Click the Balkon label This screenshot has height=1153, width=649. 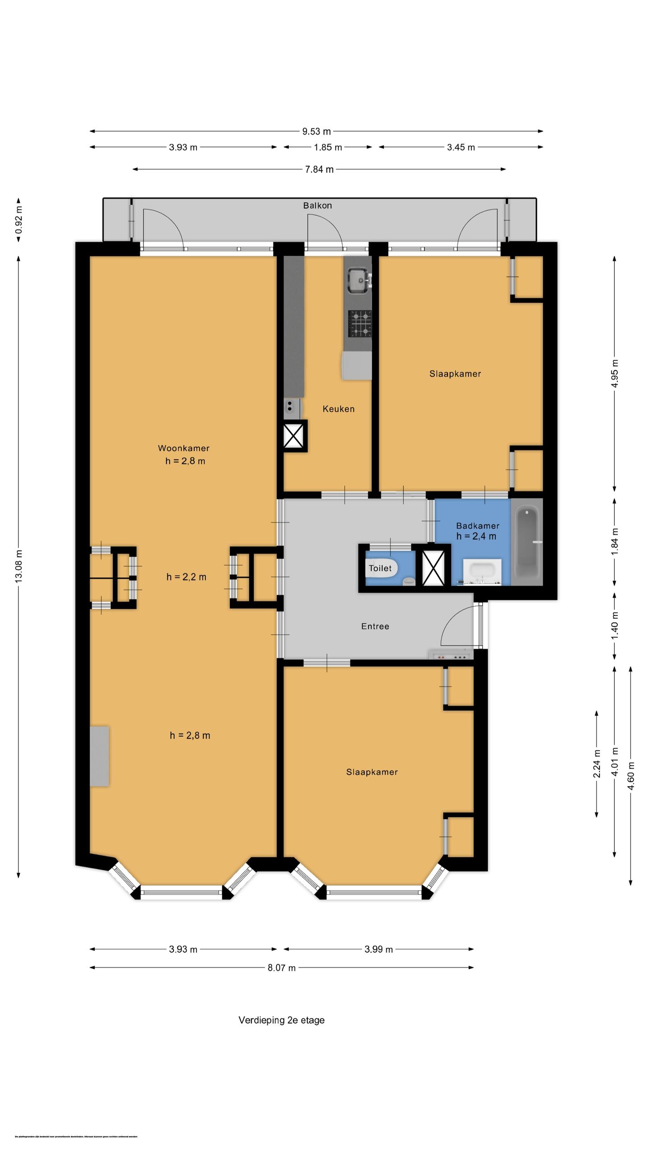[317, 205]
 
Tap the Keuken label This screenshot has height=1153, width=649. [338, 409]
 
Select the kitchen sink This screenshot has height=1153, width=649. [359, 280]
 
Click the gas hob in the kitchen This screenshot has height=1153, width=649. [359, 324]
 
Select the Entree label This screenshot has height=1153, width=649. [375, 626]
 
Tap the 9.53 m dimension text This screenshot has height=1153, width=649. [316, 132]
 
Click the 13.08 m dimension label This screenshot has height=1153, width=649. [19, 566]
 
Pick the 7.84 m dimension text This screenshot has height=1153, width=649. [319, 169]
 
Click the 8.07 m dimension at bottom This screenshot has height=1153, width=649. [282, 968]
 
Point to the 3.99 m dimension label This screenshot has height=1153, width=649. [379, 949]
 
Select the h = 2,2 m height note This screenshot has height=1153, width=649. [186, 577]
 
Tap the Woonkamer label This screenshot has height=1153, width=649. [183, 448]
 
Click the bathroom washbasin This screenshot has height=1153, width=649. [482, 572]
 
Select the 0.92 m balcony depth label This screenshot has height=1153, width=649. [19, 220]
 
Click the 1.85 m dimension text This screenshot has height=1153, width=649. [328, 147]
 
